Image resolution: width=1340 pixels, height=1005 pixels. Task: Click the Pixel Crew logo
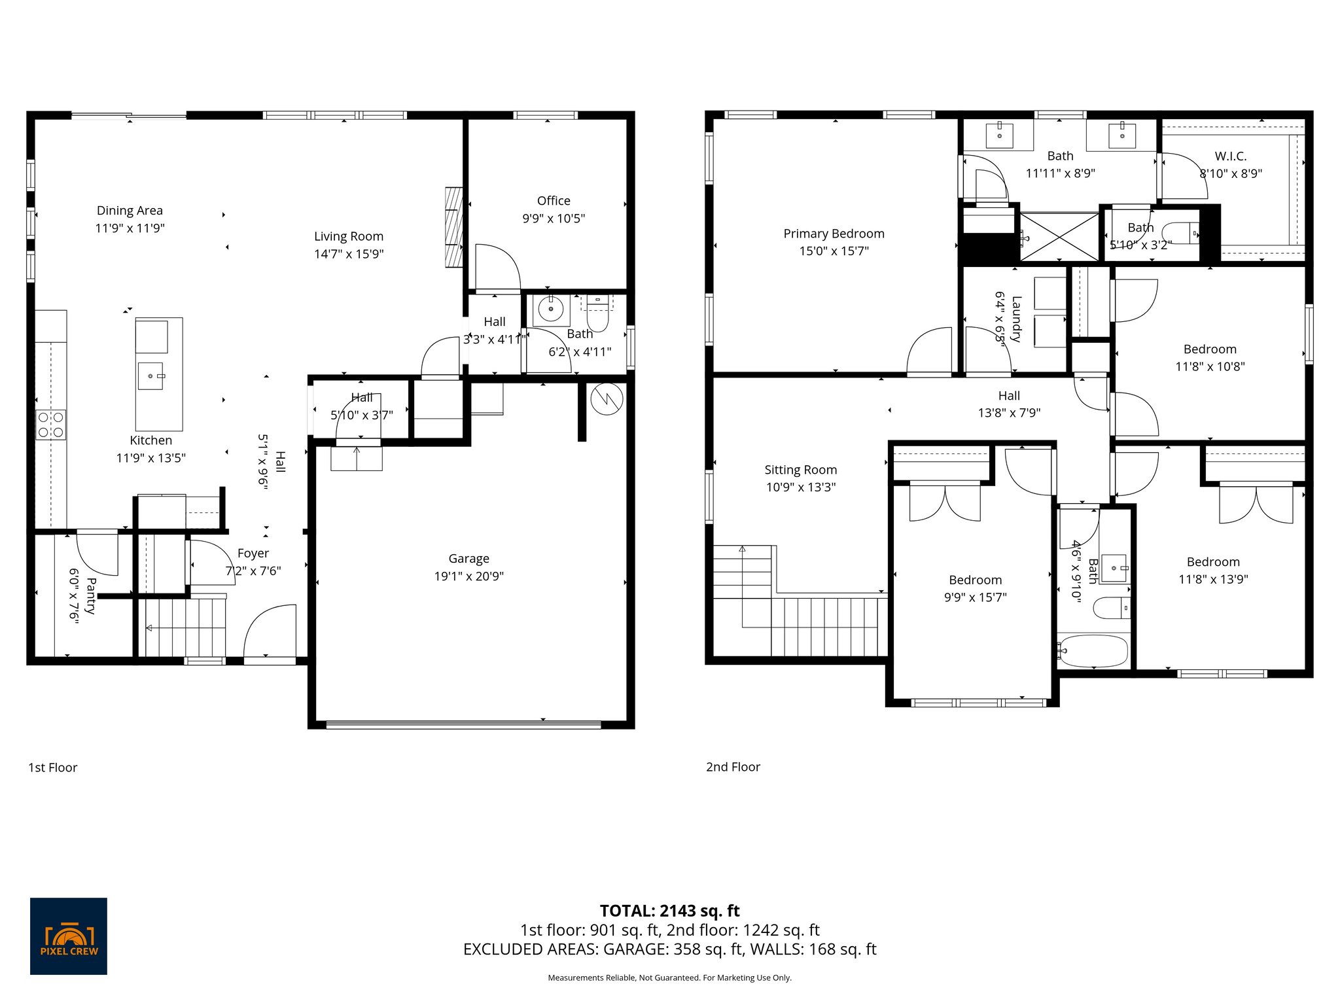point(69,936)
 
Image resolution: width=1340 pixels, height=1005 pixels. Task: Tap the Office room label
point(554,201)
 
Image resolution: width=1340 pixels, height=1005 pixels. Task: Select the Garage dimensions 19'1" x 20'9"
point(468,576)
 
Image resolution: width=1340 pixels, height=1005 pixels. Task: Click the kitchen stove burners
point(50,424)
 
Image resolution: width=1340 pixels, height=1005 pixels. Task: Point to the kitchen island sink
point(150,376)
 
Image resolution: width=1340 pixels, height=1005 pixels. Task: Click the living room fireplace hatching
point(453,227)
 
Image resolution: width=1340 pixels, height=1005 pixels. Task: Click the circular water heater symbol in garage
point(607,399)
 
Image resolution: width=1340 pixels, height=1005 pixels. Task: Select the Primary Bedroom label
point(834,234)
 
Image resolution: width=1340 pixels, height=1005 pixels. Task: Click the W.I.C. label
point(1230,156)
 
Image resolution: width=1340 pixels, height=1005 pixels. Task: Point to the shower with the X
point(1060,236)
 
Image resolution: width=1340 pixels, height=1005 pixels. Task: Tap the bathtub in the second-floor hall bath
point(1093,651)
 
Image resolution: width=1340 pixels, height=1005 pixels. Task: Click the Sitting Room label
point(800,470)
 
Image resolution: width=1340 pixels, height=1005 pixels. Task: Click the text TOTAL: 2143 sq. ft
point(669,911)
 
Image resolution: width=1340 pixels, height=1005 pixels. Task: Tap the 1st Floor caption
point(52,767)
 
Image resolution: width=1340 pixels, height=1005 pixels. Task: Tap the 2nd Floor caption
point(733,767)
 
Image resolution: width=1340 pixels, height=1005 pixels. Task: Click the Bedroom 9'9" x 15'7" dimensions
point(975,597)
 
